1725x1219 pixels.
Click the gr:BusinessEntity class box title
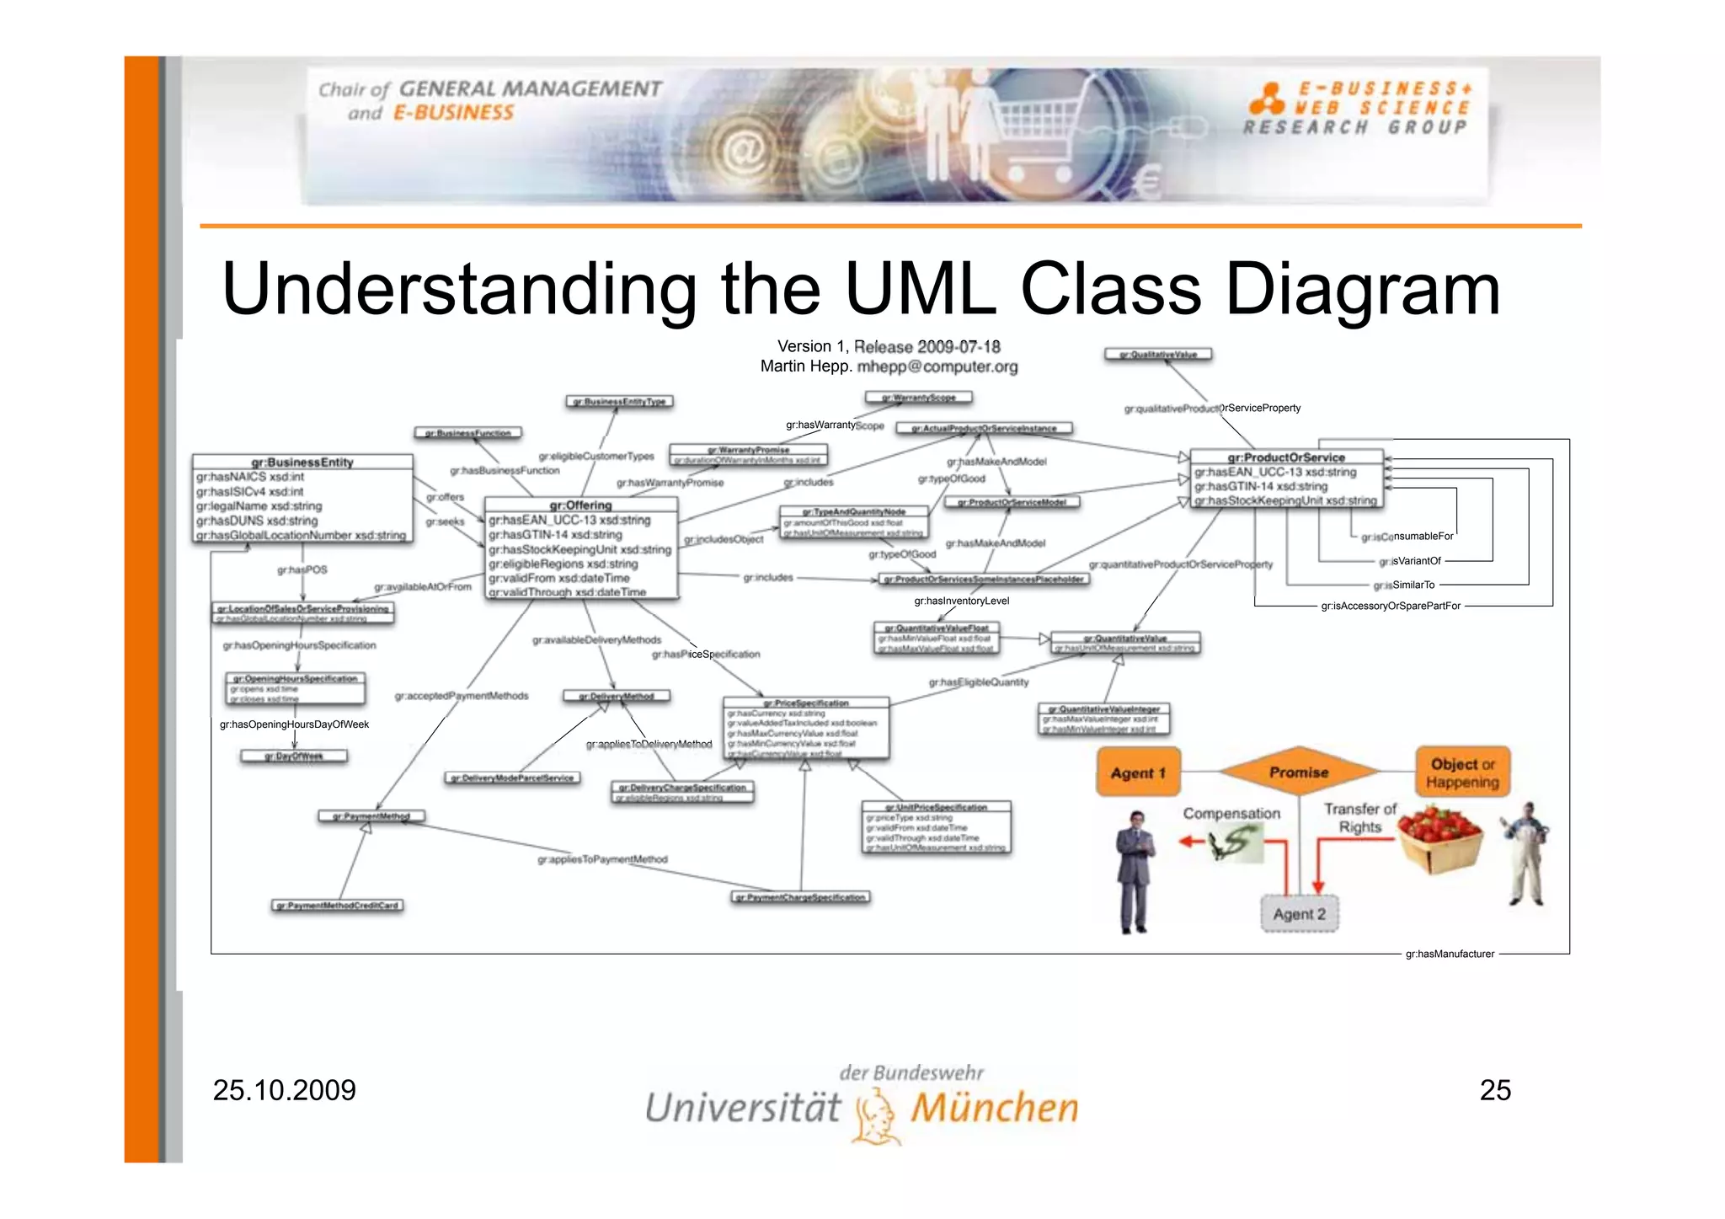click(302, 462)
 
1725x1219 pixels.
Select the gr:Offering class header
click(580, 505)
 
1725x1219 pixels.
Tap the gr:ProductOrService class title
click(1286, 457)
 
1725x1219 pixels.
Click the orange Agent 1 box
click(1138, 773)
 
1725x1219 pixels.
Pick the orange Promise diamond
click(1299, 772)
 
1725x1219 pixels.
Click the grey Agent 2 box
click(1299, 914)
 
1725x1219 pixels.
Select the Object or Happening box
click(1462, 773)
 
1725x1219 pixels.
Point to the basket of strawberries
click(1440, 837)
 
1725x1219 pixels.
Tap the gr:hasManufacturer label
click(1450, 954)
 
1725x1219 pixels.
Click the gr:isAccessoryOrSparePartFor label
click(1390, 606)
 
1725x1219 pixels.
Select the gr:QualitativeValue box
click(1158, 355)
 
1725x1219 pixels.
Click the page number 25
click(1495, 1090)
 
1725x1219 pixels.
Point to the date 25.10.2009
click(285, 1090)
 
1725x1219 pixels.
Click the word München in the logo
click(994, 1108)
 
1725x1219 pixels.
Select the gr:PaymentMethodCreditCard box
click(338, 906)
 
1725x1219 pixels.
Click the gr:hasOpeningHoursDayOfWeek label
click(294, 724)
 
